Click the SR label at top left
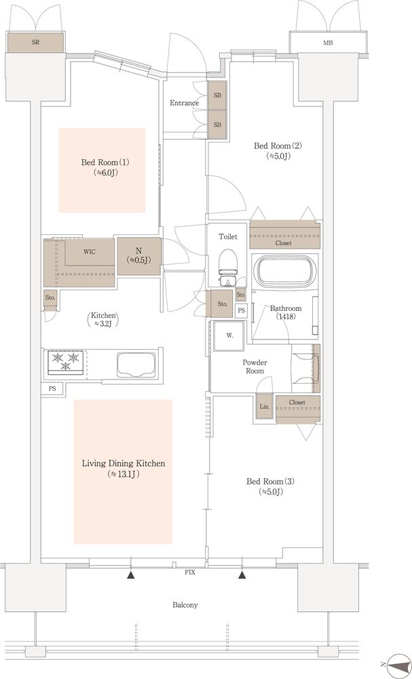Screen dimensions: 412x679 coord(35,43)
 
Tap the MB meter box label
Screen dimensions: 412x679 coord(328,43)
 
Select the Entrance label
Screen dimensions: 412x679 coord(185,103)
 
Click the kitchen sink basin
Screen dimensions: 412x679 coord(136,364)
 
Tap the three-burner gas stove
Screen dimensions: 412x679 coord(67,362)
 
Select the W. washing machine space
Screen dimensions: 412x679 coord(228,336)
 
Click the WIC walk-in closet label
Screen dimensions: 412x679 coord(90,252)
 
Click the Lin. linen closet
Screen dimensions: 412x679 coord(265,407)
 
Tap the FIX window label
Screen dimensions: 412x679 coord(190,572)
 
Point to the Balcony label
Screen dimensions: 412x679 coord(187,605)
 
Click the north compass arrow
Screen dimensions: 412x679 coord(394,664)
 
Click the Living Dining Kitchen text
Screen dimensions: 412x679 coord(124,463)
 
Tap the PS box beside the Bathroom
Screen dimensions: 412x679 coord(241,310)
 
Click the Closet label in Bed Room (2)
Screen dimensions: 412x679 coord(284,243)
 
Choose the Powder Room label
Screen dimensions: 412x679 coord(255,367)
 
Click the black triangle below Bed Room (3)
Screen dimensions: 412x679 coord(242,575)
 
